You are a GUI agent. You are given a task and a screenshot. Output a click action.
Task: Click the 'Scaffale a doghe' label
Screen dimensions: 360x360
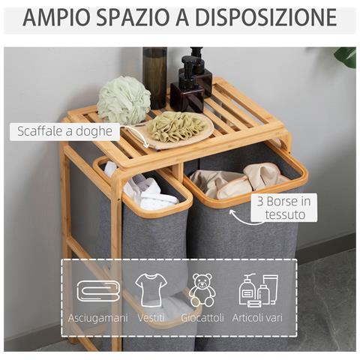click(x=66, y=132)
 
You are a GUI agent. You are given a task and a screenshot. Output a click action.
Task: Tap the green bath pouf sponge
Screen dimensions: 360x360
click(x=124, y=99)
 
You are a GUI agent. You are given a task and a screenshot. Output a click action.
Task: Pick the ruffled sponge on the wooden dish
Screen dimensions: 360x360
click(x=176, y=127)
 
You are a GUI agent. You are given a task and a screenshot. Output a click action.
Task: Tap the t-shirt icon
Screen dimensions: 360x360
click(x=151, y=289)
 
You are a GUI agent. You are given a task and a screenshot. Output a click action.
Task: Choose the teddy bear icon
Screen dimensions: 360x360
click(x=202, y=289)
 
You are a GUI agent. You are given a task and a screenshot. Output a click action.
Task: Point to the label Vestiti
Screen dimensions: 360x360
click(x=152, y=317)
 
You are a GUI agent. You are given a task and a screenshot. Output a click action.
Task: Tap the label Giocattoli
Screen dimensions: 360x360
click(x=202, y=317)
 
